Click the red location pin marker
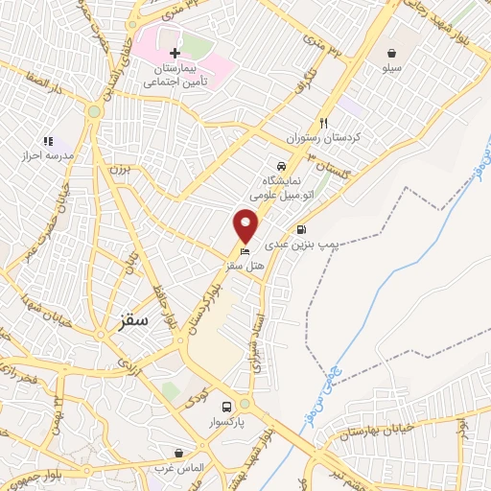click(246, 225)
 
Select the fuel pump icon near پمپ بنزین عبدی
click(303, 229)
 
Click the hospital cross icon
click(174, 54)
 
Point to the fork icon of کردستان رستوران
click(323, 123)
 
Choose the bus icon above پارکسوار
click(226, 407)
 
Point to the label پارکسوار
click(226, 422)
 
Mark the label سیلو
click(393, 68)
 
